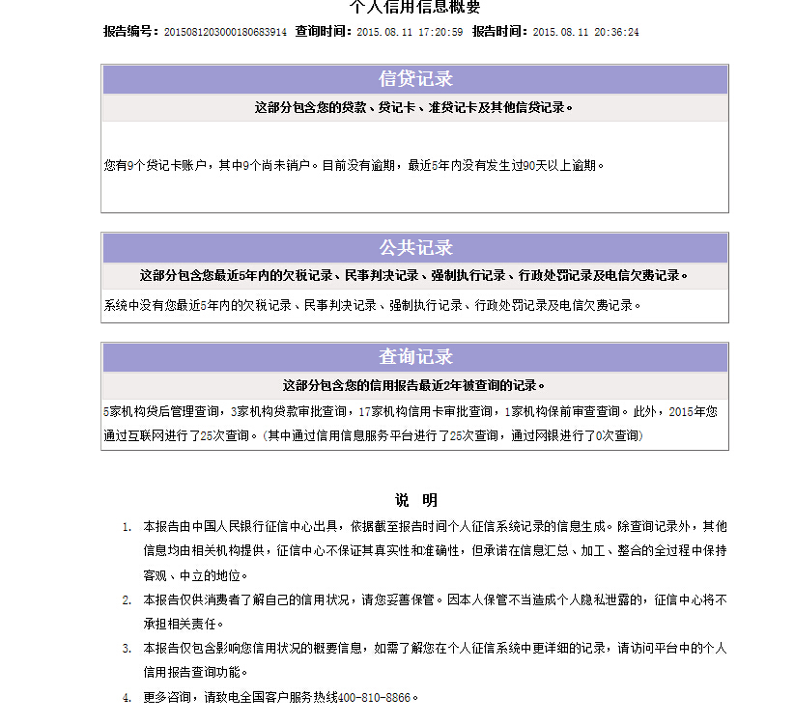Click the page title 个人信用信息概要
pos(414,7)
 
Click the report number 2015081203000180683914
pos(225,32)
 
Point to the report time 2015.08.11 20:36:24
pos(585,32)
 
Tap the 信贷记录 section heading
pos(415,79)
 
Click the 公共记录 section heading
pos(415,247)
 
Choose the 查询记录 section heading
pos(415,357)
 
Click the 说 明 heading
pos(415,500)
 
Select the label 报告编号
pos(129,32)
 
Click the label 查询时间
pos(323,32)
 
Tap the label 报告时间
pos(499,32)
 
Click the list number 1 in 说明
pos(126,527)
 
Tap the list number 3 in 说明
pos(126,649)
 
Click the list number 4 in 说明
pos(126,698)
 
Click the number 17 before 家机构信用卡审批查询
pos(364,411)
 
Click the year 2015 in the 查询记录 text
pos(681,411)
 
